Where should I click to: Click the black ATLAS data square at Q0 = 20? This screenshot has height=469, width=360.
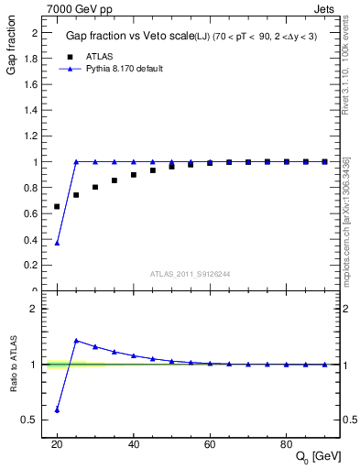click(57, 207)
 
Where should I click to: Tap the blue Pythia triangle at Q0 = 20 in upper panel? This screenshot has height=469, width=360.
click(57, 243)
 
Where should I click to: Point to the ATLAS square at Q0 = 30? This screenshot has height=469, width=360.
click(95, 187)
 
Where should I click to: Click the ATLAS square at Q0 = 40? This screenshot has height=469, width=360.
click(134, 175)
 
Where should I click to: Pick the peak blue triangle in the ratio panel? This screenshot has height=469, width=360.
click(76, 341)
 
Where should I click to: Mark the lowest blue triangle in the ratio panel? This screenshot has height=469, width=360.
click(57, 409)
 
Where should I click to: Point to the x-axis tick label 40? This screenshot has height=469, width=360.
click(134, 443)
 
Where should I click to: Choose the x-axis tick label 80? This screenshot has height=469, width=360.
click(287, 443)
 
